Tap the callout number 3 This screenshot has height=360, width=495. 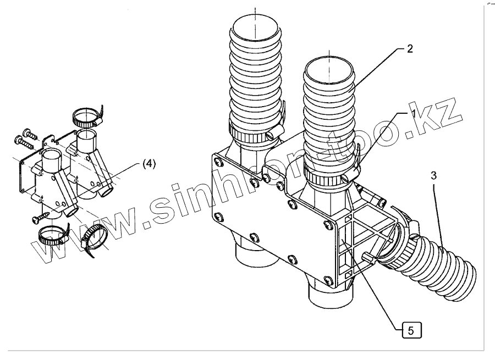(434, 175)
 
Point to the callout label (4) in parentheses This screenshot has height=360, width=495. (150, 163)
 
